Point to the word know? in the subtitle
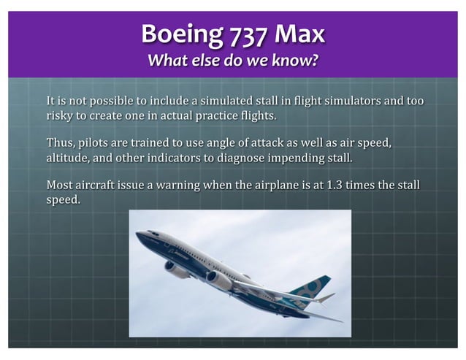pos(297,61)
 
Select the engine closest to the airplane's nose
pos(177,269)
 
